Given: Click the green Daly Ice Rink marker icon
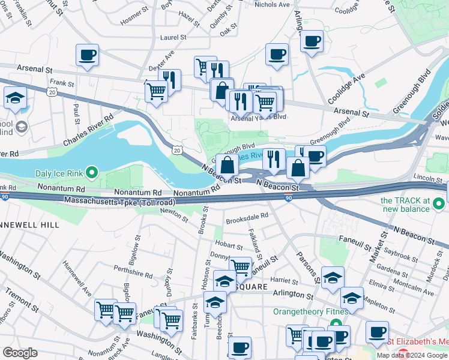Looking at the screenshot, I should tap(91, 173).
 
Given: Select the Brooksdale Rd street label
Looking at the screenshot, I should tap(246, 220).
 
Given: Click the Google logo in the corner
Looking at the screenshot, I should tap(20, 352).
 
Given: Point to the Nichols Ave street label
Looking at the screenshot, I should tap(272, 4).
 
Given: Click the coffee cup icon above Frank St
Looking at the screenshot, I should tap(88, 56).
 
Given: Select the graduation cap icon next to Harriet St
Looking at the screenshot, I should tap(333, 277).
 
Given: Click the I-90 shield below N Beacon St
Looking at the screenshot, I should tap(289, 198).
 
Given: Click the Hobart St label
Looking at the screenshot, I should tap(229, 245).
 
